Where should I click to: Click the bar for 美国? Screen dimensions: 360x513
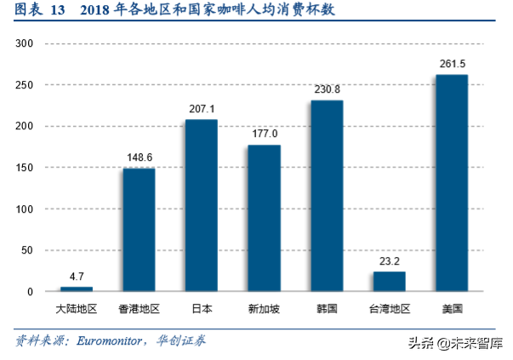(452, 183)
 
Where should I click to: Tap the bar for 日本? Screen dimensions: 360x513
(201, 206)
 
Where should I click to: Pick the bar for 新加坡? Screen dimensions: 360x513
(264, 218)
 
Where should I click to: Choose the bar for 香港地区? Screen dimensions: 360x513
(139, 230)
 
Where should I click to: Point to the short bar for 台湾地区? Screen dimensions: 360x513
(389, 282)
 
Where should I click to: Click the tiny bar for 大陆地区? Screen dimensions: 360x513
(76, 289)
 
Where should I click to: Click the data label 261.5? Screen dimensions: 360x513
(452, 64)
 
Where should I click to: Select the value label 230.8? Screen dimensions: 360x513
(327, 89)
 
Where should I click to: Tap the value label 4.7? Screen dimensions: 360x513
(76, 277)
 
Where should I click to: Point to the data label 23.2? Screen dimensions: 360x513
(389, 261)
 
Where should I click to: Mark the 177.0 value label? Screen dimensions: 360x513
(264, 134)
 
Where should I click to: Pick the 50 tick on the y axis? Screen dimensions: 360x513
(27, 250)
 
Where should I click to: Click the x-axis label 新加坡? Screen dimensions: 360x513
(264, 309)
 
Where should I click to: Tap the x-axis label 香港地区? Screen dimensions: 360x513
(139, 309)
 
